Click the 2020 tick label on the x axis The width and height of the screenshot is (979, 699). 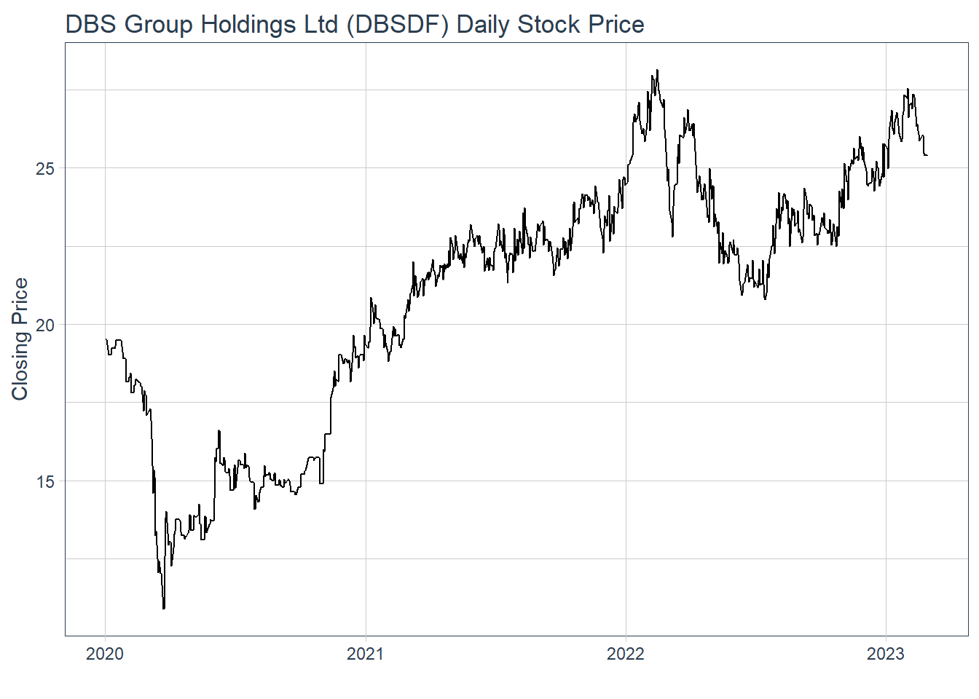(x=105, y=654)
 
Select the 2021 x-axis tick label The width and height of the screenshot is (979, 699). (x=365, y=654)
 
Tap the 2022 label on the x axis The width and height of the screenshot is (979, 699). (x=626, y=654)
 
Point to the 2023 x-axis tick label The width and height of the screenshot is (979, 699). (x=886, y=654)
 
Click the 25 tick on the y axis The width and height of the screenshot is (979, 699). (x=45, y=168)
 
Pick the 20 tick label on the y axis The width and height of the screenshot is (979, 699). (x=45, y=325)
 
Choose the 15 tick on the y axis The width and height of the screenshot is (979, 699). (x=45, y=481)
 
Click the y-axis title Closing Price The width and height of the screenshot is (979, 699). (x=20, y=339)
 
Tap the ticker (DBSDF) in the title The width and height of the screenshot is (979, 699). (x=398, y=25)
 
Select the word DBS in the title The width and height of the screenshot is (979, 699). (x=92, y=25)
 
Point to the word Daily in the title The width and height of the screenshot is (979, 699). (x=483, y=25)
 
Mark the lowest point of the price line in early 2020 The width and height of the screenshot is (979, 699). (x=164, y=608)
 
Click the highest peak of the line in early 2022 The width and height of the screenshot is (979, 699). (x=657, y=71)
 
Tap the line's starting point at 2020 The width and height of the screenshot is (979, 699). (x=106, y=339)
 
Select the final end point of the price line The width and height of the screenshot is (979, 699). (x=927, y=155)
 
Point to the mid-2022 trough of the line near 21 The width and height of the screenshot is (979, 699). (x=765, y=299)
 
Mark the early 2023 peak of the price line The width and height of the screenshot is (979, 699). (x=908, y=90)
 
